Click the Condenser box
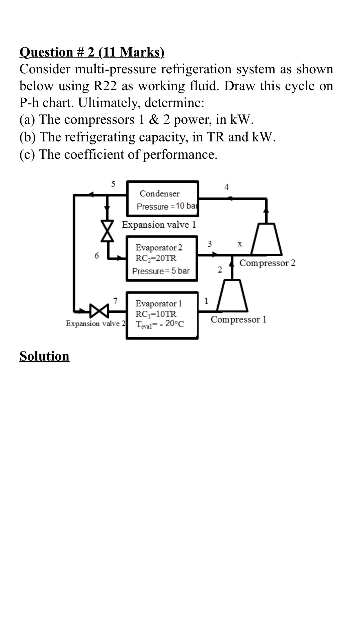pos(163,199)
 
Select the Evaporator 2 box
pos(162,259)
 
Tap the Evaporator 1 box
pos(162,315)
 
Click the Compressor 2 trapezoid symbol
pos(266,239)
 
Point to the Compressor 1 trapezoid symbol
pos(232,296)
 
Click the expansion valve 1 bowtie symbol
pos(107,231)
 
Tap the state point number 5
pos(113,184)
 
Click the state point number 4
pos(226,187)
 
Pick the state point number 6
pos(97,255)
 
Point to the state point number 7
pos(115,301)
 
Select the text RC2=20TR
pos(156,258)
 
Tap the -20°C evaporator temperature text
pos(172,324)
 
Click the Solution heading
pos(44,356)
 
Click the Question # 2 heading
pos(92,52)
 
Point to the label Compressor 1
pos(238,319)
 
